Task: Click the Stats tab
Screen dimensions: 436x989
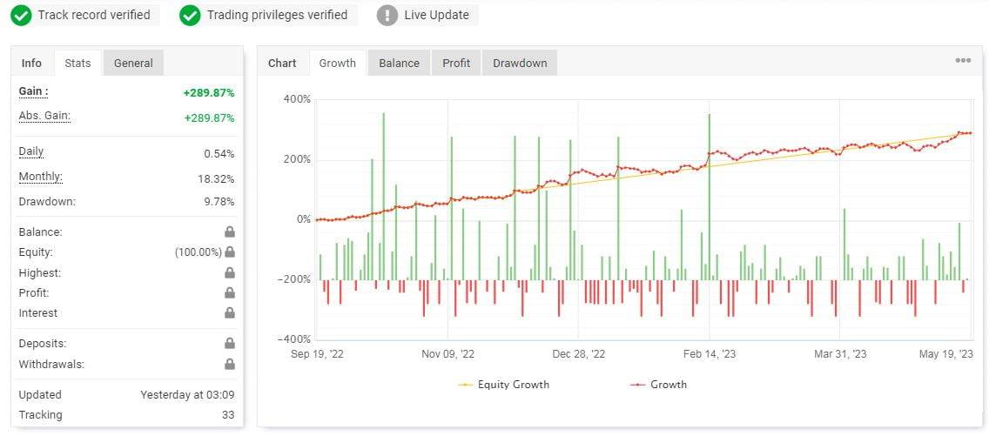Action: (x=77, y=63)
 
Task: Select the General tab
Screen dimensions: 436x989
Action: (x=133, y=63)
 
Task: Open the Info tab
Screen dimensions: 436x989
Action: (x=31, y=63)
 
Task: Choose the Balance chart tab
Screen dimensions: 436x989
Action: (x=399, y=63)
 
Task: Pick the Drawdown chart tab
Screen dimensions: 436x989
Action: (x=520, y=63)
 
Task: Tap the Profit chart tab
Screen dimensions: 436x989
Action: (x=456, y=63)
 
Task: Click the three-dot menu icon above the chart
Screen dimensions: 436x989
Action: (x=963, y=61)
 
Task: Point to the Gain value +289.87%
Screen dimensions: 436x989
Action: (x=209, y=92)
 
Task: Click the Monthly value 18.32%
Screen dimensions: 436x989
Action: (x=216, y=178)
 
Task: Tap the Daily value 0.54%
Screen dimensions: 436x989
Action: (x=219, y=154)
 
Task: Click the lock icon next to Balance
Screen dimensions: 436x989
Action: (x=230, y=232)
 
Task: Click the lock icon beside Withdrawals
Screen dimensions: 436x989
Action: (x=230, y=365)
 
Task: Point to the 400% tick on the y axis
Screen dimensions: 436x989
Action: (x=297, y=99)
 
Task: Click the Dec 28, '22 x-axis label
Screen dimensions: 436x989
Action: (x=578, y=354)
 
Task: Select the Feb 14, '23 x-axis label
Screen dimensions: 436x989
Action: (x=710, y=354)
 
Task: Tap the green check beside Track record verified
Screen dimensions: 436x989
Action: (x=22, y=15)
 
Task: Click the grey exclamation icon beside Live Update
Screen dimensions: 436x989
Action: (x=388, y=15)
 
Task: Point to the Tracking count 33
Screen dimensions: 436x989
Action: (x=227, y=415)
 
